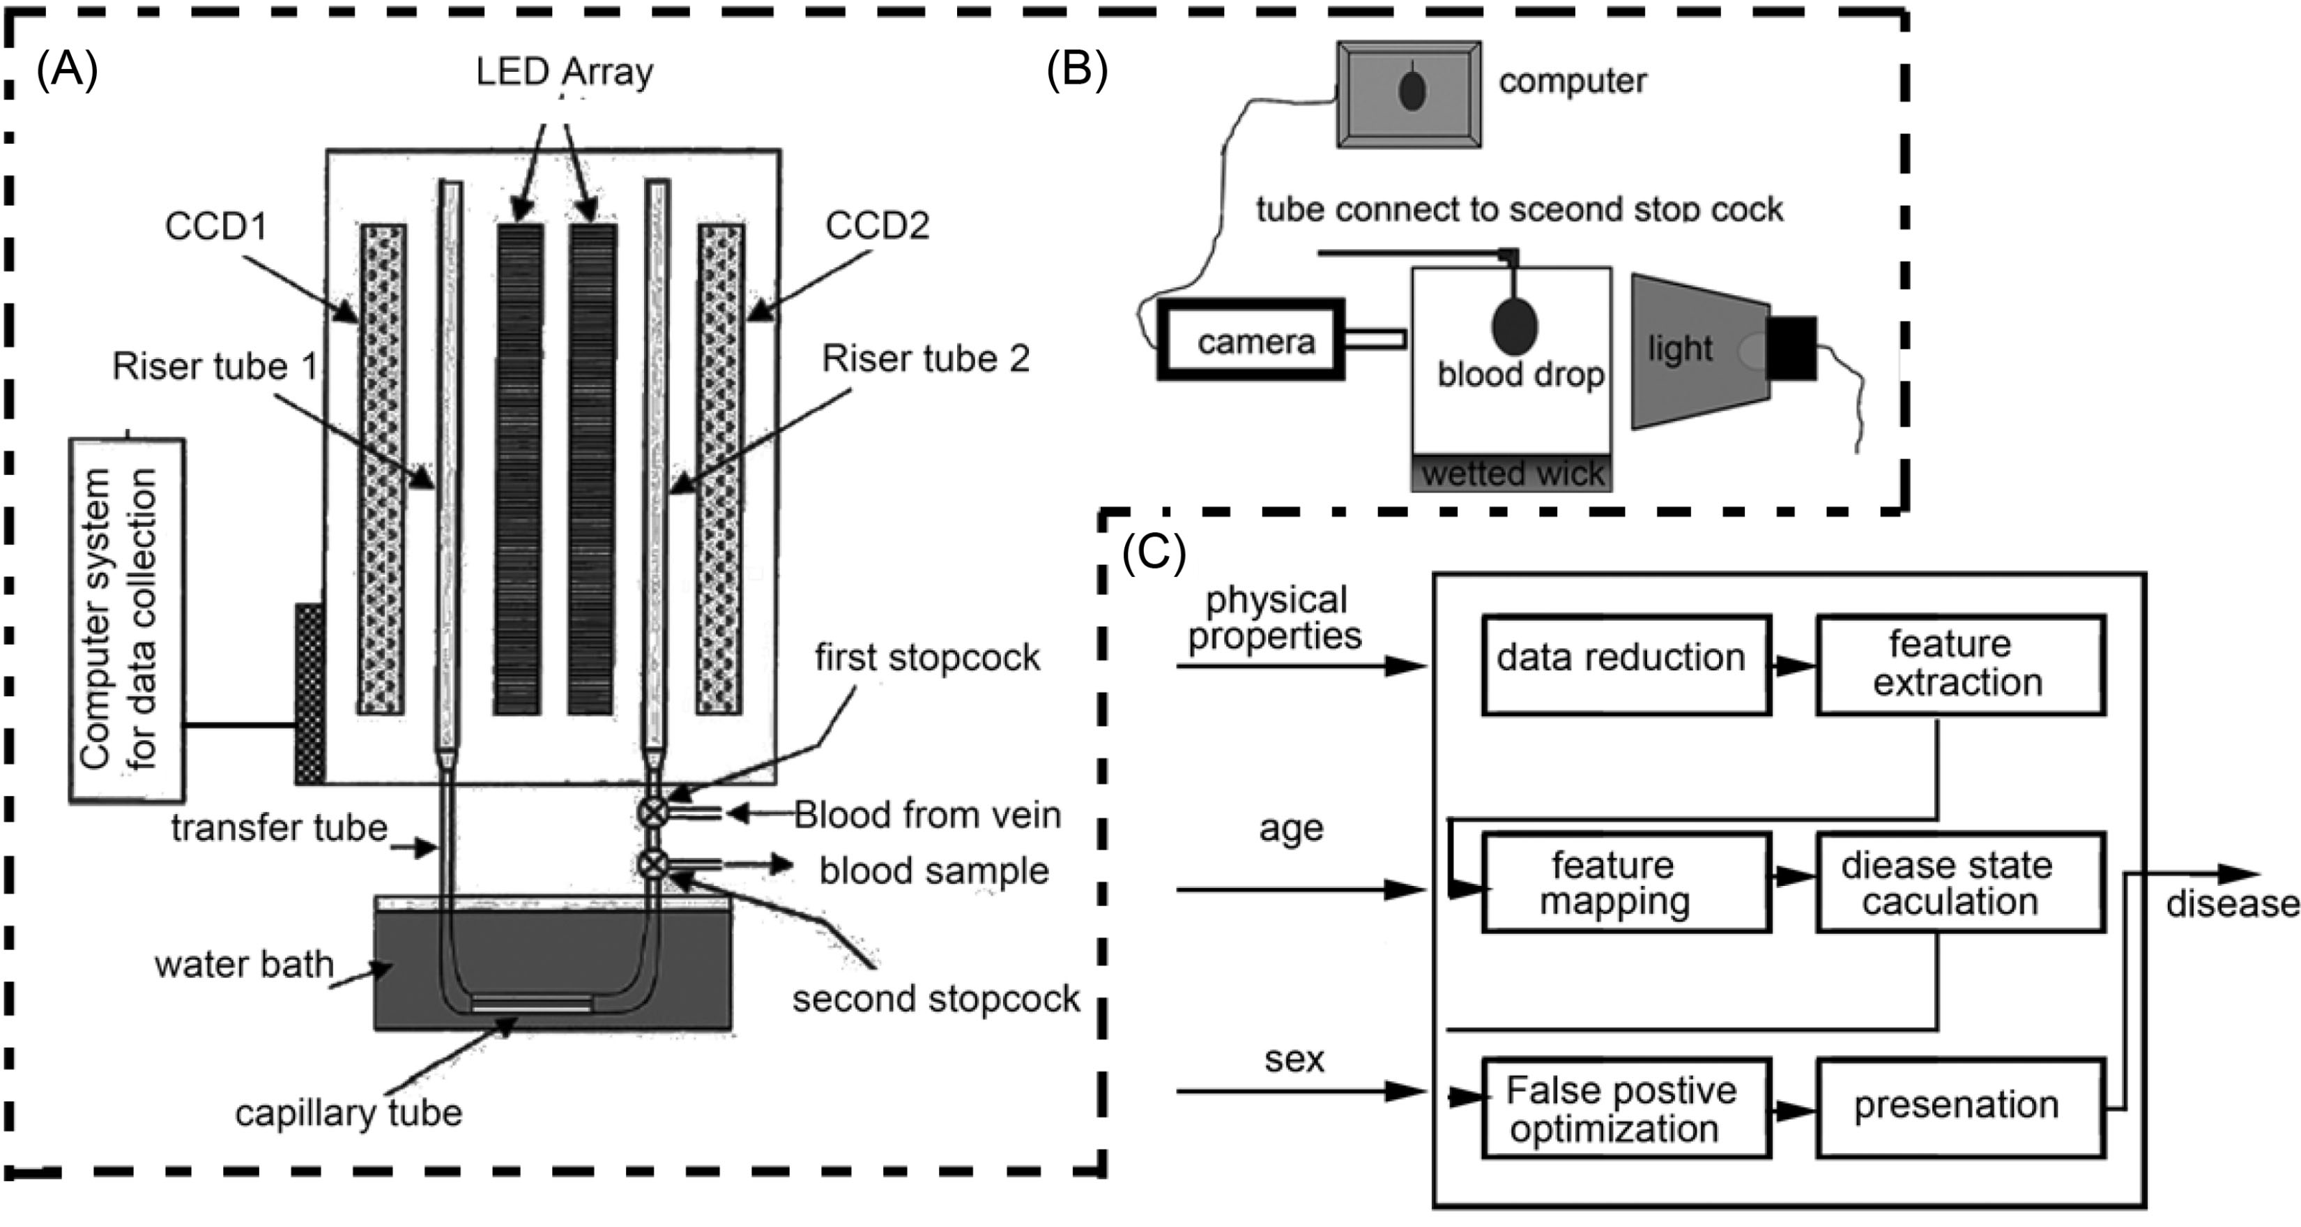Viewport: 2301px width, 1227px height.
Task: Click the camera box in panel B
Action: (1251, 340)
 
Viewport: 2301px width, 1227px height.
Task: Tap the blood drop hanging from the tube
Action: (1514, 326)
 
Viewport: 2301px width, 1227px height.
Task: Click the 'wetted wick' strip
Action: (1511, 473)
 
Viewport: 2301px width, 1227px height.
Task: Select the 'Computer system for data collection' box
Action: (127, 619)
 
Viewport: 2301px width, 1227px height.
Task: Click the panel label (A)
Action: (66, 70)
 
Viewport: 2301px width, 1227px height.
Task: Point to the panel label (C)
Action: (1153, 553)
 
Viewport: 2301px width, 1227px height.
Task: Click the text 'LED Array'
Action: (564, 71)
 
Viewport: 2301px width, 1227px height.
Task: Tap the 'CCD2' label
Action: (876, 225)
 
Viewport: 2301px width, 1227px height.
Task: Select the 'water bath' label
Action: (243, 964)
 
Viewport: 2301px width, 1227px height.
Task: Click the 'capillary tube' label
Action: (349, 1113)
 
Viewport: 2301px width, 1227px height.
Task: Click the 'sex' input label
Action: (1294, 1059)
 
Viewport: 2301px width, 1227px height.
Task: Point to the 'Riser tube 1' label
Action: (215, 366)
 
